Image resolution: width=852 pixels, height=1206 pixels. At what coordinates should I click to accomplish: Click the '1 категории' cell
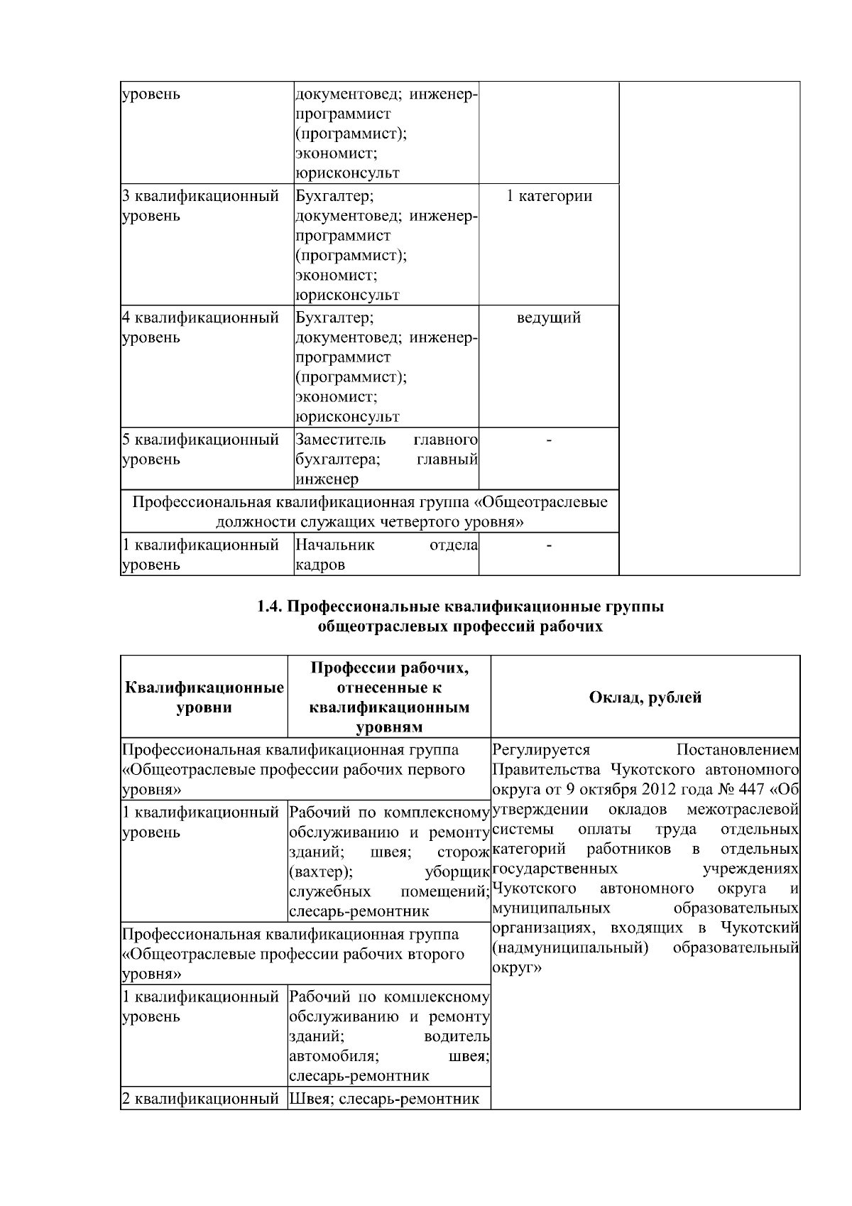[x=549, y=196]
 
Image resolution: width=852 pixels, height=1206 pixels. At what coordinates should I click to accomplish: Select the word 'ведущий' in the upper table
[x=549, y=317]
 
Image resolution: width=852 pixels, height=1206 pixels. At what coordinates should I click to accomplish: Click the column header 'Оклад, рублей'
[x=645, y=697]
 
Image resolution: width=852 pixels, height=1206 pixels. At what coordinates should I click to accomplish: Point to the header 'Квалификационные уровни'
[x=204, y=697]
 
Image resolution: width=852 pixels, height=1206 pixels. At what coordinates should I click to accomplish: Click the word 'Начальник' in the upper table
[x=334, y=545]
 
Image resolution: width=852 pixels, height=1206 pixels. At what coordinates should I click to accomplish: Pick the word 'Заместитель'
[x=340, y=440]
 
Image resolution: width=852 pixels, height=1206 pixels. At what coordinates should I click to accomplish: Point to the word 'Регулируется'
[x=541, y=750]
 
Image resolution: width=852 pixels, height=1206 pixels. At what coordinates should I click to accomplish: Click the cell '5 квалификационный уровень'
[x=200, y=450]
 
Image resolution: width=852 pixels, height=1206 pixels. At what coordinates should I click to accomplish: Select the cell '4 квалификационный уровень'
[x=200, y=327]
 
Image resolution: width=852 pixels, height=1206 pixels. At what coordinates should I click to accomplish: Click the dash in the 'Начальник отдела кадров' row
[x=549, y=545]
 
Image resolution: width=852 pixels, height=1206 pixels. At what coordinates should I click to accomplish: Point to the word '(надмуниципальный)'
[x=569, y=948]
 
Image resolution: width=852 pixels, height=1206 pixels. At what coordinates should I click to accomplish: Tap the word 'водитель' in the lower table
[x=457, y=1036]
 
